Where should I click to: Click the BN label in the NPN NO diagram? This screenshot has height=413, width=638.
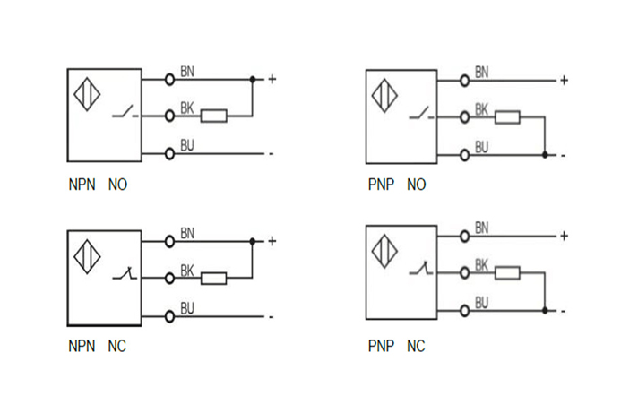[x=187, y=71]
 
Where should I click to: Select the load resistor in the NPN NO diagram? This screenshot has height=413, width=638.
[x=213, y=116]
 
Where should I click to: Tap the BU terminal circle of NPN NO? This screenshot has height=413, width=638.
[x=169, y=153]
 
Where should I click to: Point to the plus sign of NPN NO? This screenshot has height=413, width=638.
[x=272, y=79]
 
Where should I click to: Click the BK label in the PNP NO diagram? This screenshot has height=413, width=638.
[x=481, y=109]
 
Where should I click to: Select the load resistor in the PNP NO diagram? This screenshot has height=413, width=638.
[x=507, y=116]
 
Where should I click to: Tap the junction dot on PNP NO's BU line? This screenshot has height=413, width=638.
[x=545, y=155]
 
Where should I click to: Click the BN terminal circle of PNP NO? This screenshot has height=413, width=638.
[x=464, y=81]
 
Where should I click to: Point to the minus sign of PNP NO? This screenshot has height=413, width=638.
[x=564, y=155]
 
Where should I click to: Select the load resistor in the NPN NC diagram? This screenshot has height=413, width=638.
[x=213, y=278]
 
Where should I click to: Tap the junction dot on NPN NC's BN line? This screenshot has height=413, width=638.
[x=253, y=241]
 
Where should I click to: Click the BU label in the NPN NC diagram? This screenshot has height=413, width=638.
[x=187, y=308]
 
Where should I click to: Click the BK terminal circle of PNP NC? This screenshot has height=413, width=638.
[x=464, y=272]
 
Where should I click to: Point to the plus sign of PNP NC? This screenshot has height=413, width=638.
[x=564, y=236]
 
